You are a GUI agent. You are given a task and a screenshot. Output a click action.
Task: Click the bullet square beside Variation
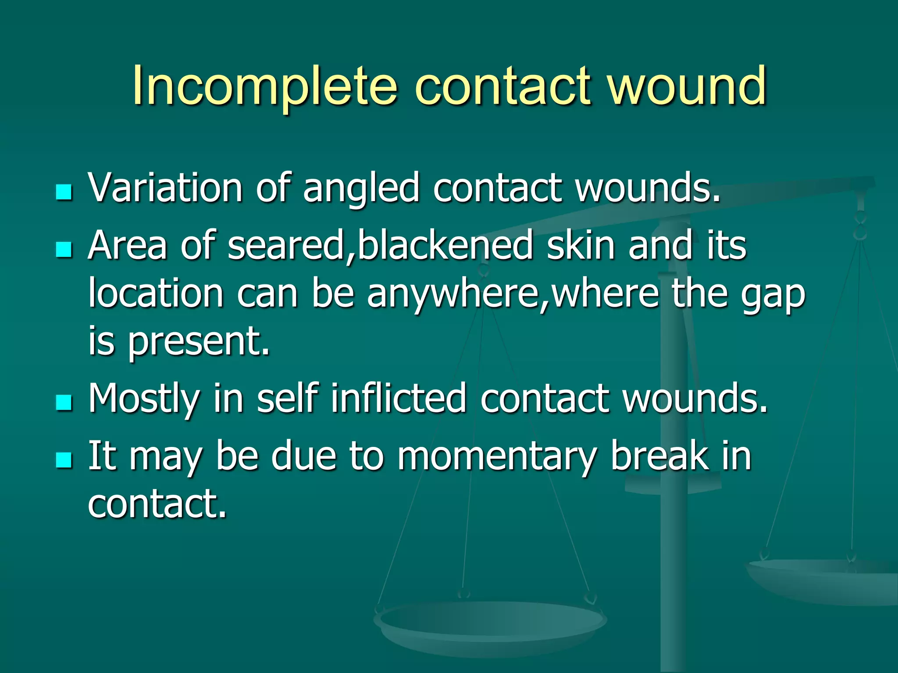64,192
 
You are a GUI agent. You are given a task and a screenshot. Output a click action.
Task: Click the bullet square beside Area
64,250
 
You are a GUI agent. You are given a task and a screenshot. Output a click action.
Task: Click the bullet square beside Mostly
64,402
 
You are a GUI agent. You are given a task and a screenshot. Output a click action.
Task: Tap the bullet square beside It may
64,460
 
